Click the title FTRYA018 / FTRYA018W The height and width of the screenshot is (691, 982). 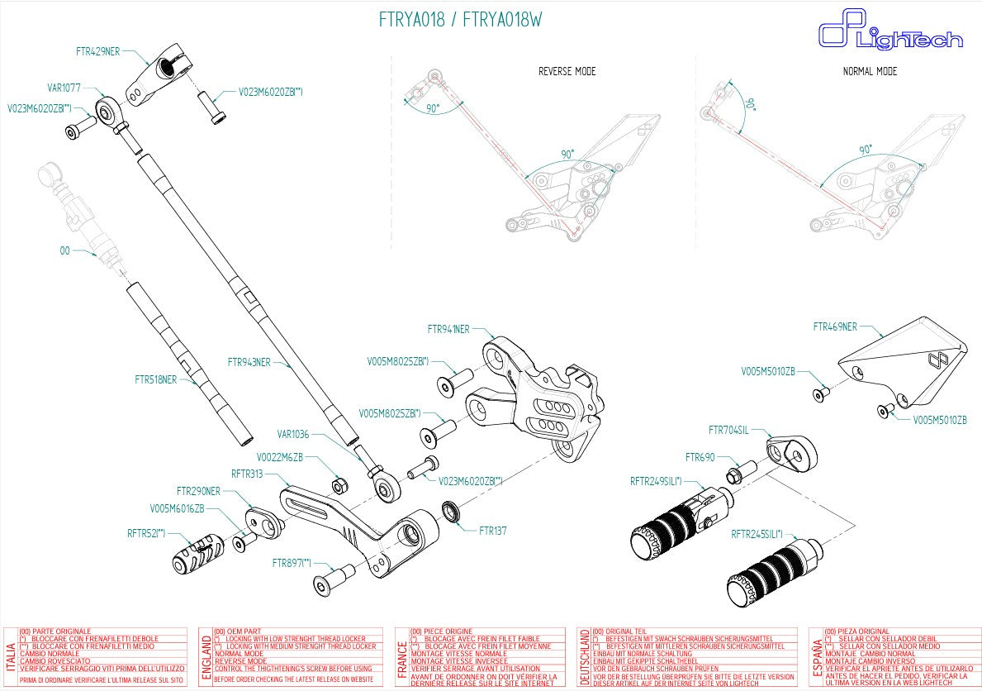click(461, 20)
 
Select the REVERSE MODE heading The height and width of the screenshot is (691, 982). click(567, 71)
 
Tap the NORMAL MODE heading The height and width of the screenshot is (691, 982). click(870, 71)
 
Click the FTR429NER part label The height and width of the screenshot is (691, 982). click(97, 51)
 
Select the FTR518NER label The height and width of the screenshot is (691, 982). click(155, 380)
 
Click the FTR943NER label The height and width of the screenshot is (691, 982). click(249, 362)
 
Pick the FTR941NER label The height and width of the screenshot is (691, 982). click(448, 329)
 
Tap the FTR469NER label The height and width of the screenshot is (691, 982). click(835, 326)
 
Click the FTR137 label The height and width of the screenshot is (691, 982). click(492, 531)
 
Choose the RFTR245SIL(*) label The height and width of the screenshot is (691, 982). click(757, 535)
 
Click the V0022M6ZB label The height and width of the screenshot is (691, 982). click(279, 455)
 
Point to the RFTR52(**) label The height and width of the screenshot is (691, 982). click(146, 533)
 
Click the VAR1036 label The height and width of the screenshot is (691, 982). click(293, 434)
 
